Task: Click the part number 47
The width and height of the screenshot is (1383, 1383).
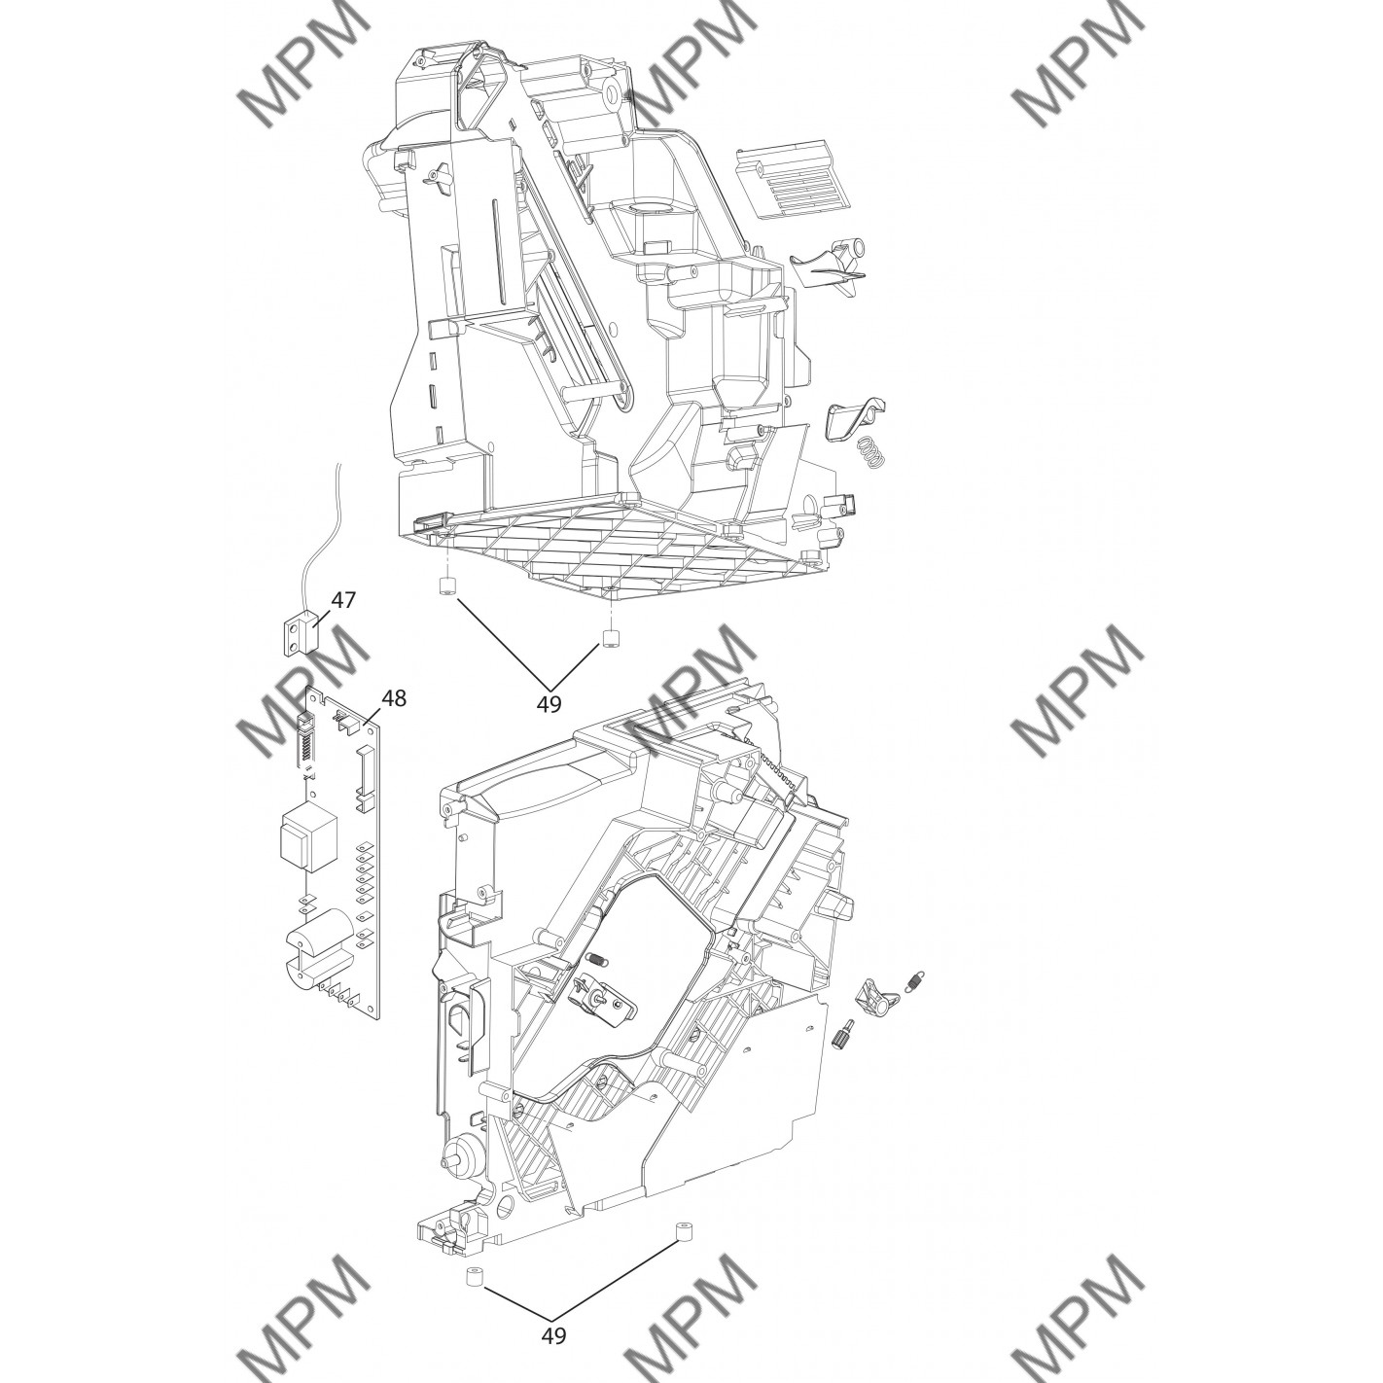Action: (x=343, y=599)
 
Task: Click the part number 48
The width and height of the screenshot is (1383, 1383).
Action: (x=394, y=697)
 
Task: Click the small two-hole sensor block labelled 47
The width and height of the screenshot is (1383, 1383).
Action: (x=301, y=628)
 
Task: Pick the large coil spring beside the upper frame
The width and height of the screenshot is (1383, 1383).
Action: (x=871, y=453)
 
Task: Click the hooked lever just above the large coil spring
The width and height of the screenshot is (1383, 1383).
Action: (x=857, y=415)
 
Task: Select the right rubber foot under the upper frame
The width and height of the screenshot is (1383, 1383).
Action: (x=610, y=637)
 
